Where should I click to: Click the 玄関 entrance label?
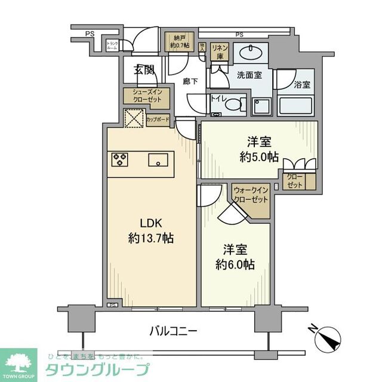point(144,70)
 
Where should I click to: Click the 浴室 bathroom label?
point(302,85)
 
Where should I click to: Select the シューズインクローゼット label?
point(147,95)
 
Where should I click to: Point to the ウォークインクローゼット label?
point(251,194)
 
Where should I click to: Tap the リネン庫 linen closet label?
point(219,51)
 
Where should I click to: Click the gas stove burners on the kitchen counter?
point(119,159)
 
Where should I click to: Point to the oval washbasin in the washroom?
point(249,53)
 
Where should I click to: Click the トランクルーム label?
point(112,45)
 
